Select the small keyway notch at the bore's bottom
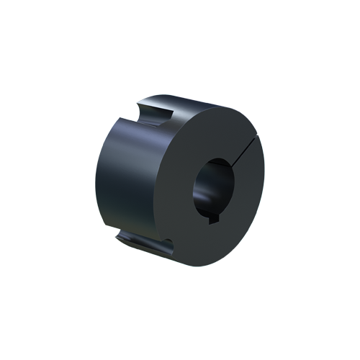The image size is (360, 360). (213, 221)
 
